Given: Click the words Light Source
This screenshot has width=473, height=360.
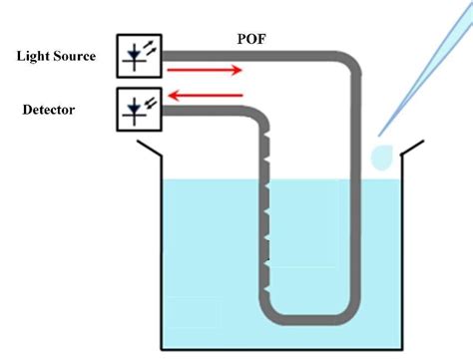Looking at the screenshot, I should (56, 56).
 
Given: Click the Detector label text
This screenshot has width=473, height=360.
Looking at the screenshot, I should (50, 107).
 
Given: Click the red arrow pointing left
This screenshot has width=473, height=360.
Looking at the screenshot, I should (206, 95).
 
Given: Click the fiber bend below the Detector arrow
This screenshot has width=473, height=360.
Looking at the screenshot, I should (262, 112).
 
